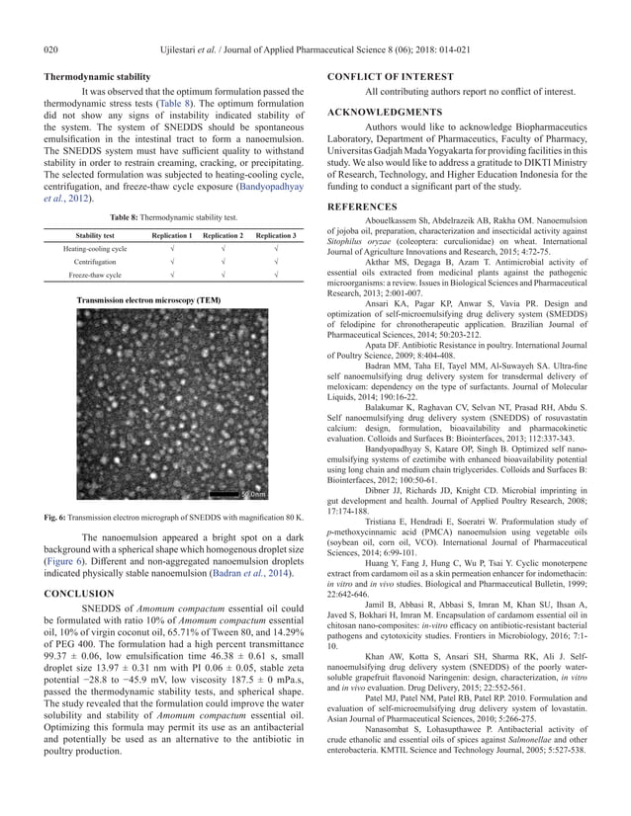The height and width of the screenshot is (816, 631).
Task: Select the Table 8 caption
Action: pyautogui.click(x=173, y=215)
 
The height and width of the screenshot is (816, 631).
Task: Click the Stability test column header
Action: pyautogui.click(x=95, y=236)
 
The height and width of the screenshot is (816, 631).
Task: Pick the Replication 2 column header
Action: pyautogui.click(x=222, y=236)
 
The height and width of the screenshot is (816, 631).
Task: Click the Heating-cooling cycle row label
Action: pyautogui.click(x=95, y=250)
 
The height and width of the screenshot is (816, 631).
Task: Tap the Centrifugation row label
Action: pyautogui.click(x=95, y=264)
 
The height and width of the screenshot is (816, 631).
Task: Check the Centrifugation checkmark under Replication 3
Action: pyautogui.click(x=274, y=264)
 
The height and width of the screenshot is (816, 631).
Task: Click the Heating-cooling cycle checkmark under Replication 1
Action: pyautogui.click(x=169, y=250)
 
